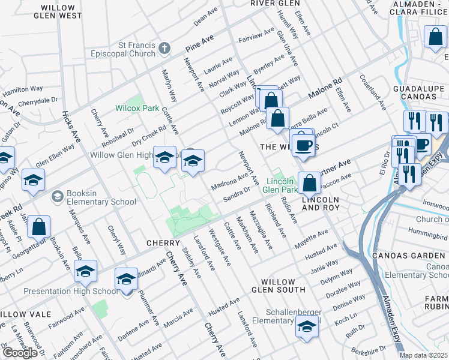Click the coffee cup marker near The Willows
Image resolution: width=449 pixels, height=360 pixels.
[304, 144]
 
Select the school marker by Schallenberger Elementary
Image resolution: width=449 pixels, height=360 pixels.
[307, 326]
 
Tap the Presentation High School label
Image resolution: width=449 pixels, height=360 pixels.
[70, 292]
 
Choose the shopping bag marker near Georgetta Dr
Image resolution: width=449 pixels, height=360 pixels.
[38, 227]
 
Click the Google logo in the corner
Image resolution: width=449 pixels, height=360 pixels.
[19, 353]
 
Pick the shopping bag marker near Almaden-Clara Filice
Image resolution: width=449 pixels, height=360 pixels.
[435, 37]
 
